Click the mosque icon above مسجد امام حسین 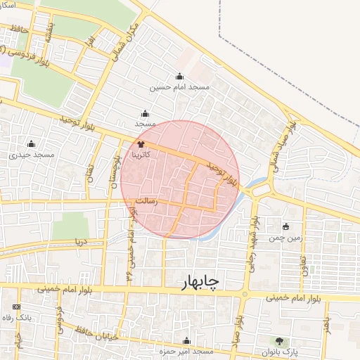[180, 77]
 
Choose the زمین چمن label [285, 238]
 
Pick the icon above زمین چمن [285, 227]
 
